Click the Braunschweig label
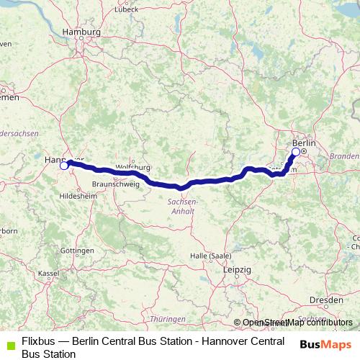(x=112, y=184)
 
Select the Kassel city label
(x=48, y=274)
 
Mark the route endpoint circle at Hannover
(x=63, y=166)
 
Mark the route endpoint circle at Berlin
(x=296, y=152)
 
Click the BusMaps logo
(x=321, y=343)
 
